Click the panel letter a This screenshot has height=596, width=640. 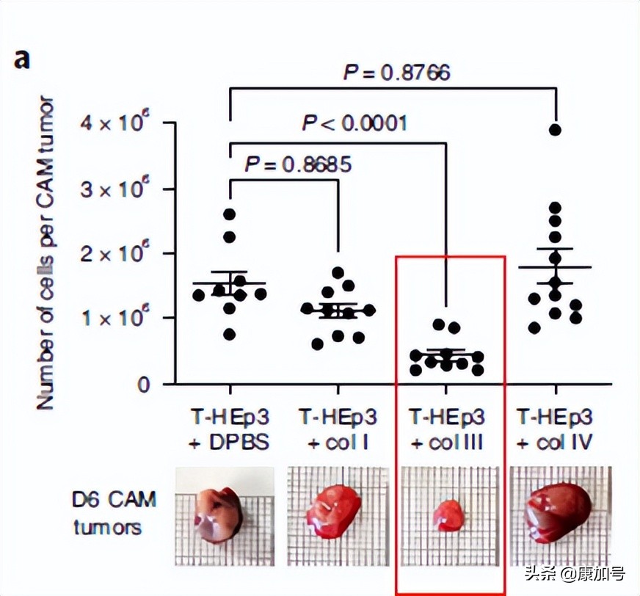(x=23, y=59)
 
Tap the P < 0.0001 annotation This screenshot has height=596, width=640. (x=354, y=122)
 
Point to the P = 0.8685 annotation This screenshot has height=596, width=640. (x=298, y=164)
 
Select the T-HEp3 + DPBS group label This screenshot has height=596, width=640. (x=229, y=430)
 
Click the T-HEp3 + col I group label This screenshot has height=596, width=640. (x=338, y=430)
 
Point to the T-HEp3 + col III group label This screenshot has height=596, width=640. (x=447, y=430)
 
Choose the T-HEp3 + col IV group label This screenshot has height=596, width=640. (x=555, y=430)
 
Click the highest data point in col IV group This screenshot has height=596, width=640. (x=555, y=130)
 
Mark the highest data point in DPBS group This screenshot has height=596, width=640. (x=230, y=214)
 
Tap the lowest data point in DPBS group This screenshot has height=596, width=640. (x=230, y=334)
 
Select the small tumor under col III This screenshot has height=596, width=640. (x=448, y=515)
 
